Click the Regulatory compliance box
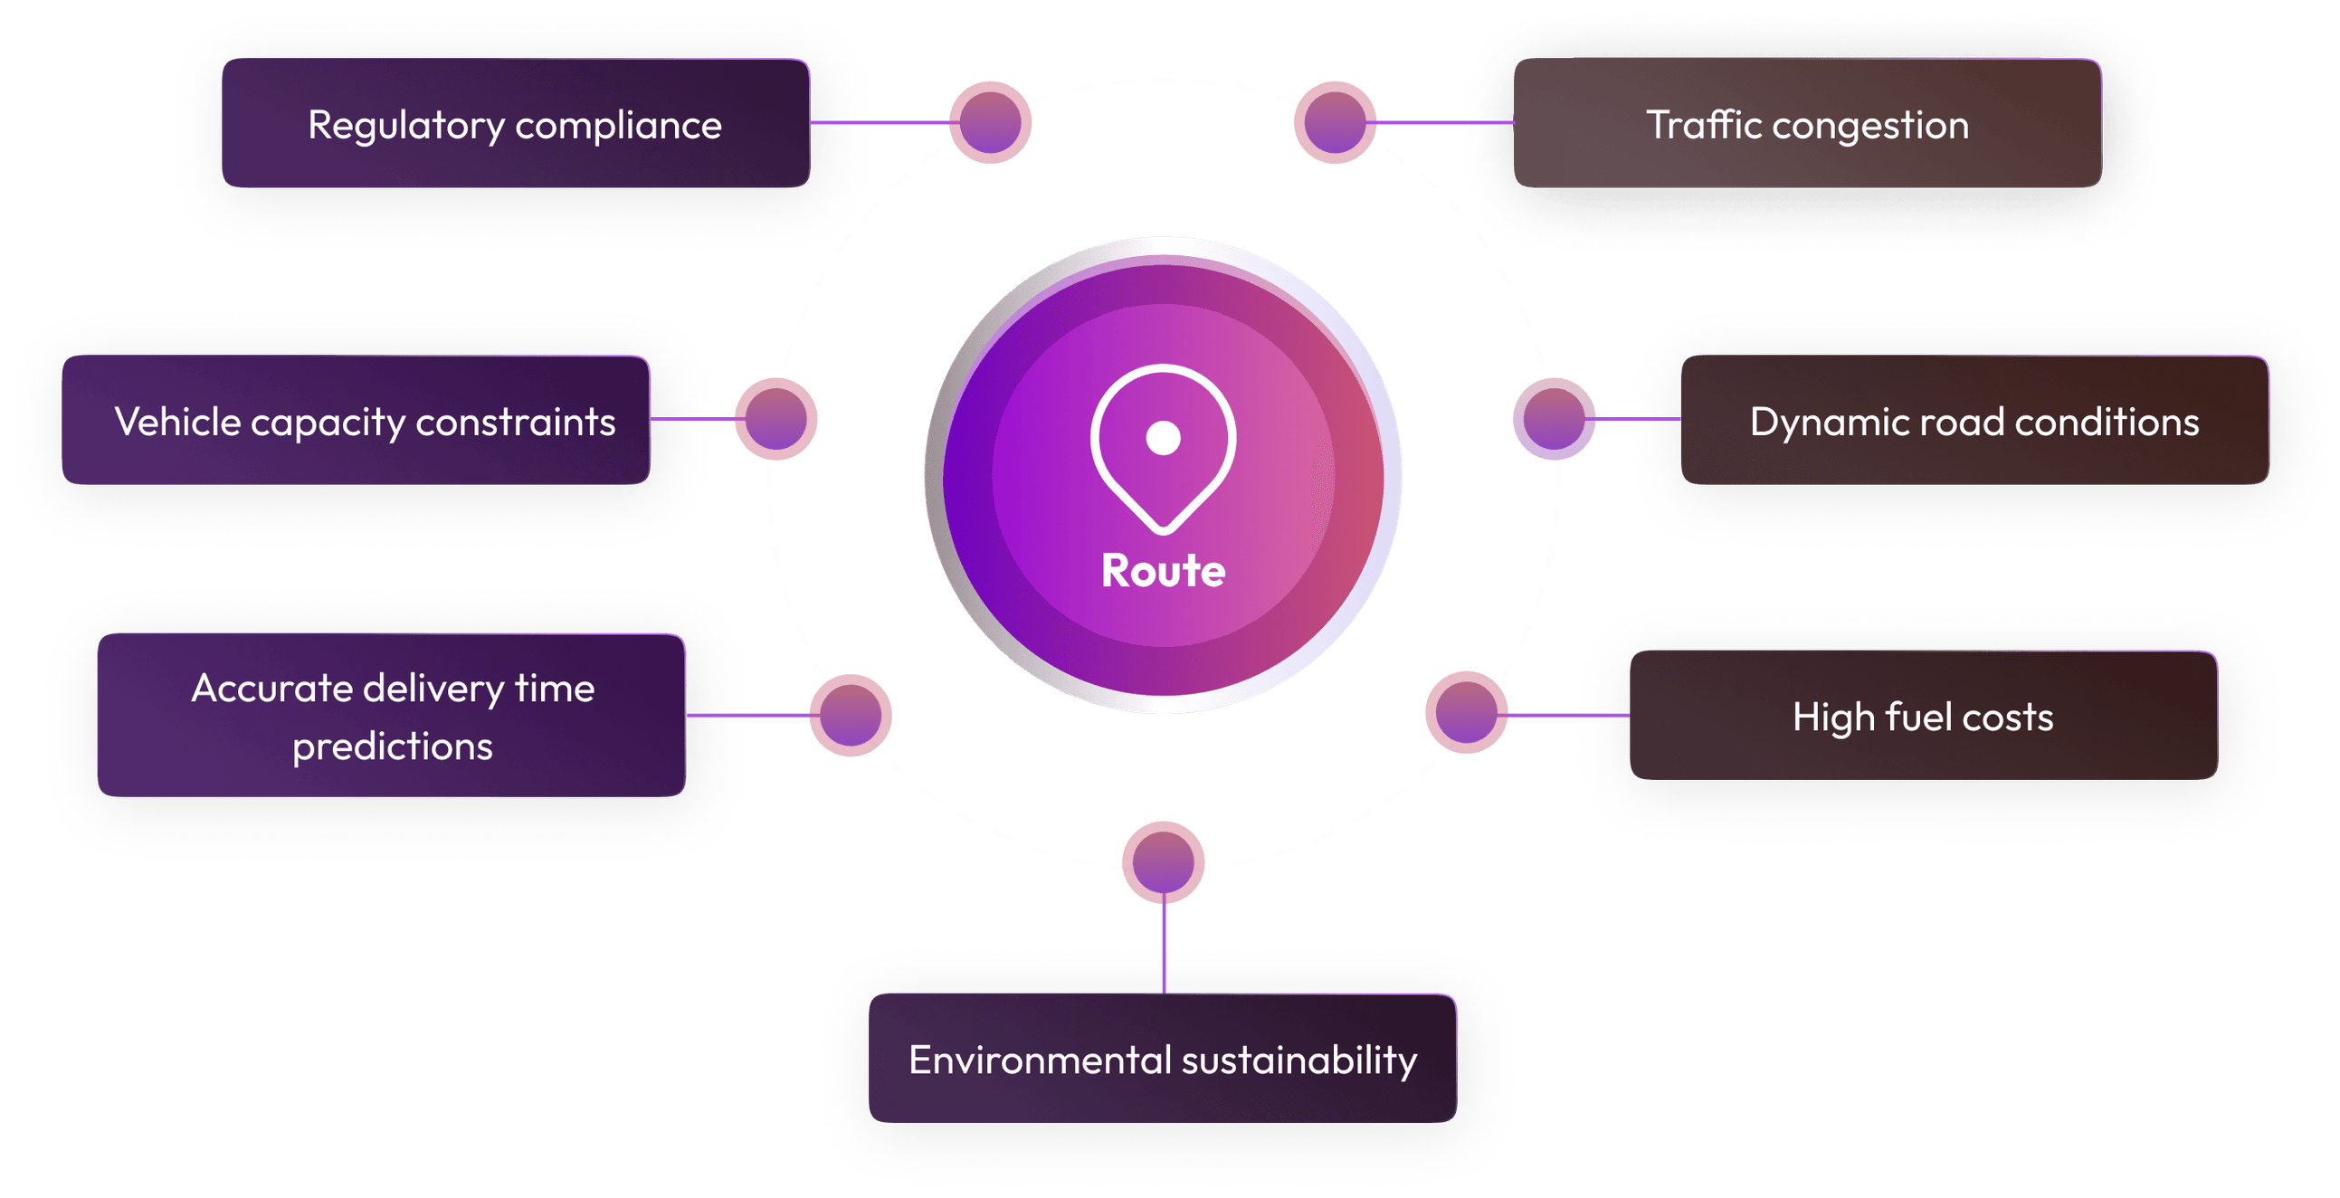(515, 125)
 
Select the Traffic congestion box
(1807, 125)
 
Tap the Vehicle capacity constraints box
(357, 422)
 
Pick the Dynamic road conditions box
(1974, 422)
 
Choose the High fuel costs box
(1922, 717)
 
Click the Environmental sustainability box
(1162, 1060)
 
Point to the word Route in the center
(1163, 571)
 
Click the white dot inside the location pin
(1163, 438)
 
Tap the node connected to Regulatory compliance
(990, 123)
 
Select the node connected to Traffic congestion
(1335, 123)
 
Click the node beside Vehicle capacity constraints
(776, 419)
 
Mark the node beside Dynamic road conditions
(1554, 419)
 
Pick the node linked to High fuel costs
(1466, 713)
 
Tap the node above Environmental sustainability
(1163, 862)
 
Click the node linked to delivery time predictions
(851, 715)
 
